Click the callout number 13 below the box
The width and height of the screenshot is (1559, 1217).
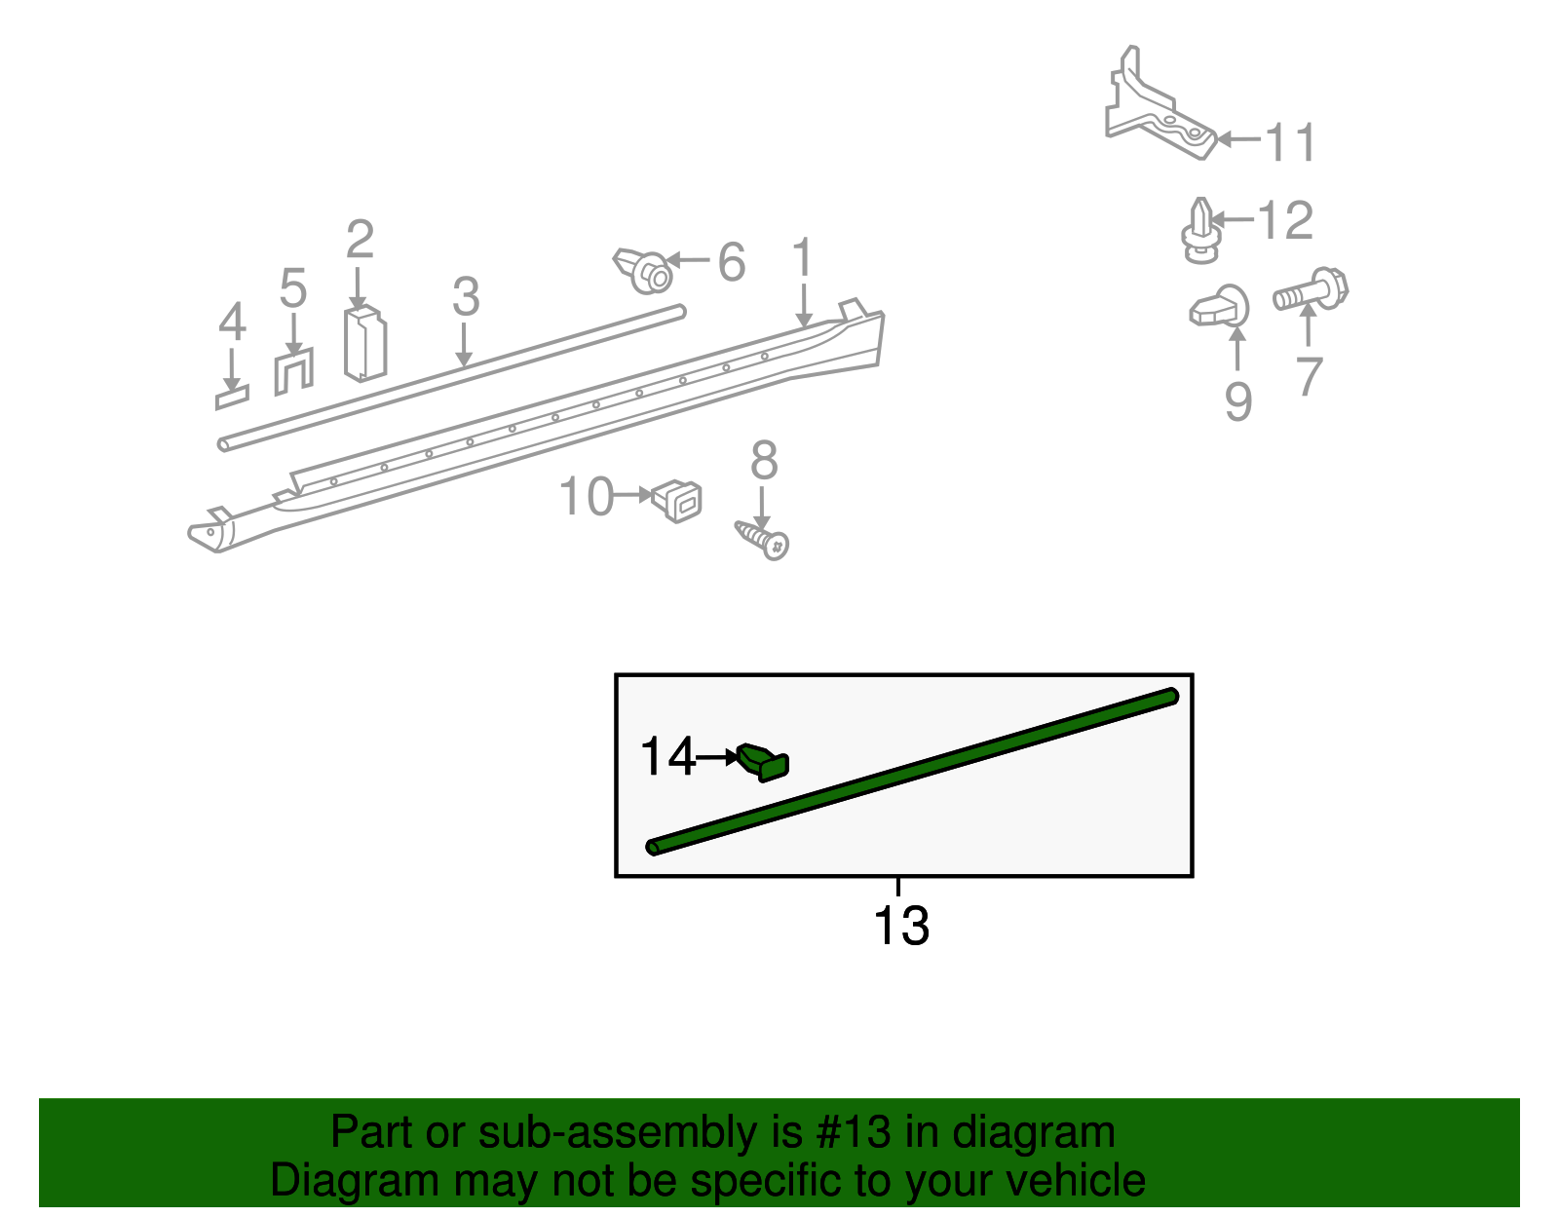coord(901,927)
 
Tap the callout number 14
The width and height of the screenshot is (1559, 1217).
coord(667,757)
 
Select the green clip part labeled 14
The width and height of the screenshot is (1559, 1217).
coord(764,761)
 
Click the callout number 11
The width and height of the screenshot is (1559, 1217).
coord(1291,142)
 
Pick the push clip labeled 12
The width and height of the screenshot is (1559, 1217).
coord(1200,232)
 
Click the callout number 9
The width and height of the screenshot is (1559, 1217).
coord(1237,401)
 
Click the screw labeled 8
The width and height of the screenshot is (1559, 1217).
coord(763,539)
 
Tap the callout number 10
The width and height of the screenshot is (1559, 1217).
coord(587,497)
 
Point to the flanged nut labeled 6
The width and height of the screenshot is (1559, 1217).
coord(644,270)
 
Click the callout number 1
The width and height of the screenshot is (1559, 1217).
coord(802,258)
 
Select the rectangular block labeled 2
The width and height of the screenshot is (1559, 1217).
coord(365,344)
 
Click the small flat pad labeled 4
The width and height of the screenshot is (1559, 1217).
coord(232,398)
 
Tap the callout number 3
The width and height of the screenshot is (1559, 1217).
coord(466,296)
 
